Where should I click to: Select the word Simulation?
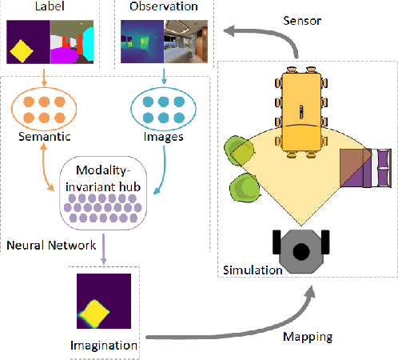(x=252, y=270)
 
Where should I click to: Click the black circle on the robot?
(x=300, y=252)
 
